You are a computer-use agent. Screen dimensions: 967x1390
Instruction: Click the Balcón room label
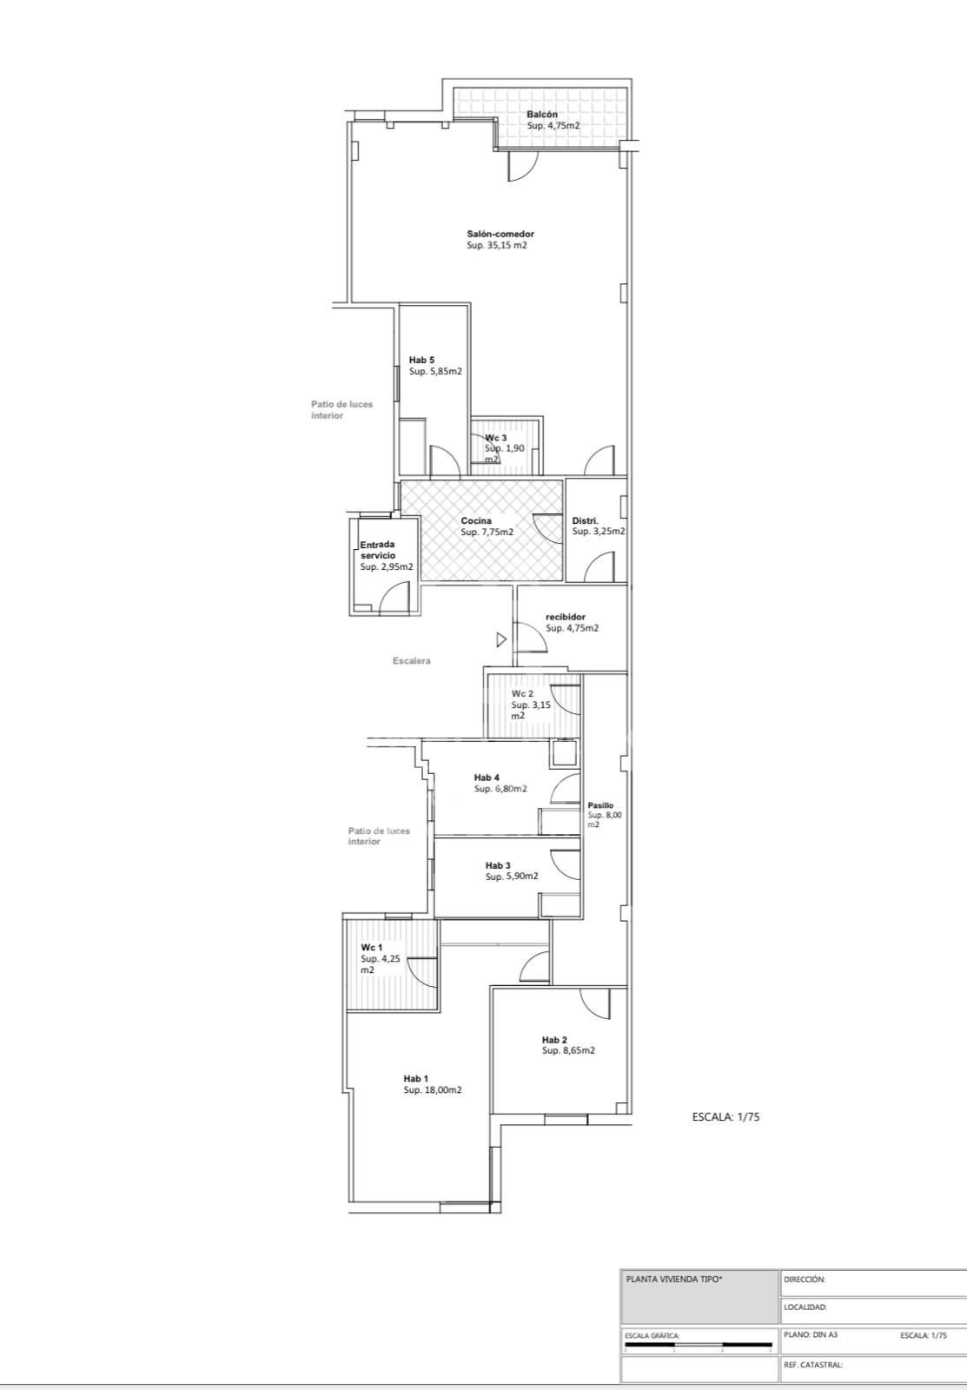tap(542, 114)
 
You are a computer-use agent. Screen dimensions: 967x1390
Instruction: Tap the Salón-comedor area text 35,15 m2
tap(497, 245)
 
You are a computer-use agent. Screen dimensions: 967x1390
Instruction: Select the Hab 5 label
tap(421, 360)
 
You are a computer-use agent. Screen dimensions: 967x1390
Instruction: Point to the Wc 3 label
tap(495, 438)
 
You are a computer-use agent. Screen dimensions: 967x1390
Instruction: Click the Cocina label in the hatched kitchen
tap(476, 520)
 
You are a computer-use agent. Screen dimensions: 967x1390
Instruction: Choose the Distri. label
tap(585, 520)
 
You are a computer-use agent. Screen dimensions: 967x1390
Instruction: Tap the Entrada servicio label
tap(377, 550)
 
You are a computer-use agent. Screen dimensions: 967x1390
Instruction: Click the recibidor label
tap(566, 617)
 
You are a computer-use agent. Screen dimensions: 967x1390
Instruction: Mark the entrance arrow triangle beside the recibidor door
tap(501, 639)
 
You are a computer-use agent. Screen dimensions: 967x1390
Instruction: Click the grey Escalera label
tap(411, 661)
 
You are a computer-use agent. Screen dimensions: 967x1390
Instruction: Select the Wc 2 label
tap(523, 694)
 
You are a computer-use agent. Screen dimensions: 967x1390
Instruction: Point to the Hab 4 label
tap(487, 778)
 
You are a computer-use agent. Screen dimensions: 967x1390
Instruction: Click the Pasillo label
tap(600, 805)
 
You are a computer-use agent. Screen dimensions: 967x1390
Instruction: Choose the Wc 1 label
tap(372, 948)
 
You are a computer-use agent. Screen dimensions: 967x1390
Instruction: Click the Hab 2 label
tap(554, 1040)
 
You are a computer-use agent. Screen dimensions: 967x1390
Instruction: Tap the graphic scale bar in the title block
tap(699, 1345)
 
